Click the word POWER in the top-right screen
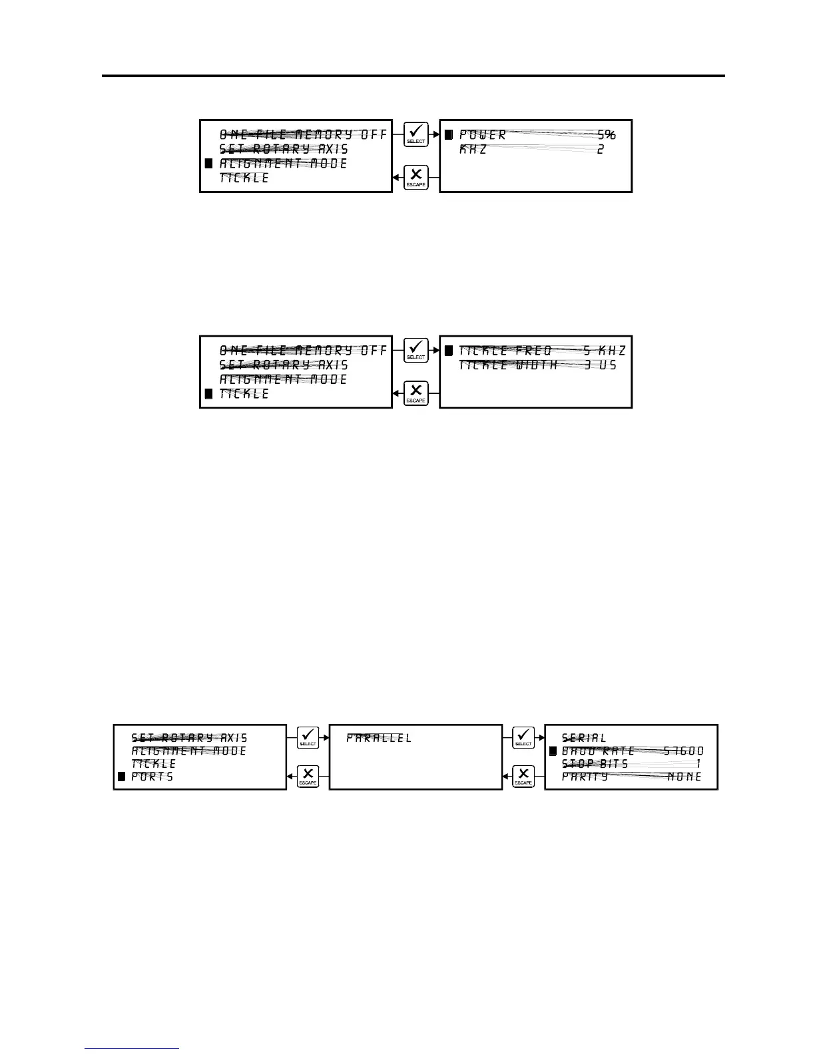(x=483, y=134)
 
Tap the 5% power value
(x=606, y=134)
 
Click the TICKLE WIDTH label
(x=508, y=365)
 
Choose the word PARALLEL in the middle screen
(x=379, y=738)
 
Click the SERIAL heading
(x=584, y=738)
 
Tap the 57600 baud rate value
(x=683, y=751)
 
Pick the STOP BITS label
(x=595, y=764)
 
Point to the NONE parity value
(x=684, y=777)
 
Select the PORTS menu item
(x=152, y=777)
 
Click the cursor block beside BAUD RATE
(x=553, y=751)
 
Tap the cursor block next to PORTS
(x=121, y=777)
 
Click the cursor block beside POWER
(x=449, y=134)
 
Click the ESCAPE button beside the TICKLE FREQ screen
(x=415, y=393)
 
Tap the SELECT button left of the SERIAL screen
(x=523, y=737)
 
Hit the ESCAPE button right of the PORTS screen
(x=308, y=777)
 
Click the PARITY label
(x=585, y=777)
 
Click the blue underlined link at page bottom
(x=132, y=1049)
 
